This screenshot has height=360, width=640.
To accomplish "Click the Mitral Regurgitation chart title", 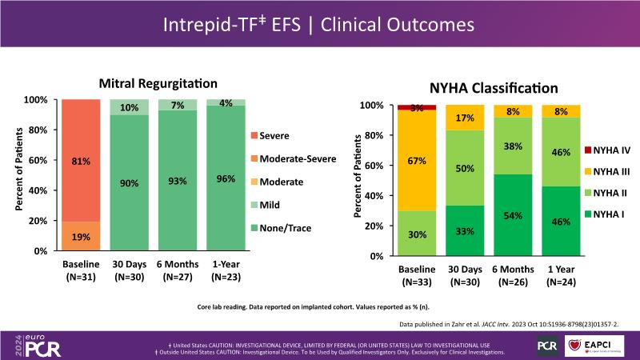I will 158,83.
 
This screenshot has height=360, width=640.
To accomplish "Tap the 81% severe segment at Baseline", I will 81,160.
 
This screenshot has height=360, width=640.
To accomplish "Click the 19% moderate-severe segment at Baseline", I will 81,237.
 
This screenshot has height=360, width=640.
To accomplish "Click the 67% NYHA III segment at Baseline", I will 417,160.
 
